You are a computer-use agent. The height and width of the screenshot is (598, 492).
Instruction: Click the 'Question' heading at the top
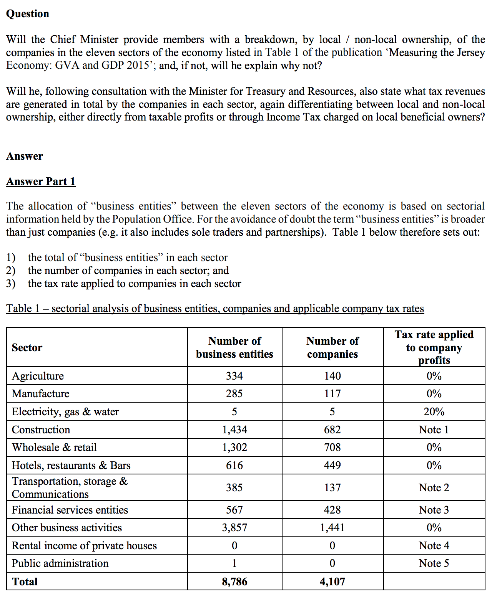click(28, 14)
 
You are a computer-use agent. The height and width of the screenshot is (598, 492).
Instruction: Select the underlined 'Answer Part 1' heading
click(41, 181)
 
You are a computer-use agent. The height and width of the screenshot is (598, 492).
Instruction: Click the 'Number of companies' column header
click(332, 347)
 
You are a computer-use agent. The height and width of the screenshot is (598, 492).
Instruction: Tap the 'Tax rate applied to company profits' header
click(434, 347)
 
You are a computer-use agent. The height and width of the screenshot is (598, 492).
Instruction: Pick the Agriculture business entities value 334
click(234, 376)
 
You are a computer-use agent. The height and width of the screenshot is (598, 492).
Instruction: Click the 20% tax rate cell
click(434, 411)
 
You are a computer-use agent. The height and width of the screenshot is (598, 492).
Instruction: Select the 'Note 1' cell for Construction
click(434, 430)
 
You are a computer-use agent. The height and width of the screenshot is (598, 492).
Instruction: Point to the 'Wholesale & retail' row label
click(54, 448)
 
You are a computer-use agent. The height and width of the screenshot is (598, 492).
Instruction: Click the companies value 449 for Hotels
click(332, 465)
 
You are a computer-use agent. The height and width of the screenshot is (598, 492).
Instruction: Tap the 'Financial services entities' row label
click(70, 510)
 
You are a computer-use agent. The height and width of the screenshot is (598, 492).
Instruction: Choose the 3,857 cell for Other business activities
click(234, 528)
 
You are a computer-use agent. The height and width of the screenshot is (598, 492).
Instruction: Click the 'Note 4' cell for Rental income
click(434, 545)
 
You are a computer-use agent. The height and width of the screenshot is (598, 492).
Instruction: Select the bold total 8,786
click(234, 581)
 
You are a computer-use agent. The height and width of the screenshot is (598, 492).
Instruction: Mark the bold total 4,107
click(332, 581)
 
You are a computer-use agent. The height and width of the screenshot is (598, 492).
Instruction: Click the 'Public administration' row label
click(60, 563)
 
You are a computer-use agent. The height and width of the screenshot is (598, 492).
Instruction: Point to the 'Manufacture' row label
click(41, 394)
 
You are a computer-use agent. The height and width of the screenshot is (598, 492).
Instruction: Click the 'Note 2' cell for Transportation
click(434, 487)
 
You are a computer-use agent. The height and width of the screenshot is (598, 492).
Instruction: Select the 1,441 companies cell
click(332, 528)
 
